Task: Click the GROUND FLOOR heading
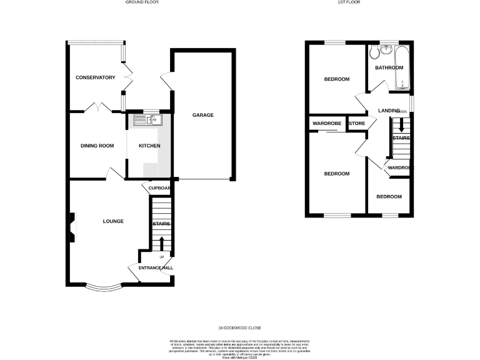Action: (142, 2)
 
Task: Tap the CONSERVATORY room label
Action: (96, 77)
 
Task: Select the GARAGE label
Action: (203, 115)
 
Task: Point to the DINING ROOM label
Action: (97, 146)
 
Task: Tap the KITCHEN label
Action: (149, 146)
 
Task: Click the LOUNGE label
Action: (113, 221)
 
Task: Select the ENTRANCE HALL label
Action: (156, 268)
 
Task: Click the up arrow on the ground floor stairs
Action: (161, 242)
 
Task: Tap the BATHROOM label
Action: (389, 67)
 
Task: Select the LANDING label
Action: (389, 111)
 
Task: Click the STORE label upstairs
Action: (357, 124)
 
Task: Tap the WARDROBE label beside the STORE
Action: (327, 124)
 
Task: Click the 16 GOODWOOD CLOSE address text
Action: (239, 327)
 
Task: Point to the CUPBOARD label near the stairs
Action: (159, 187)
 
